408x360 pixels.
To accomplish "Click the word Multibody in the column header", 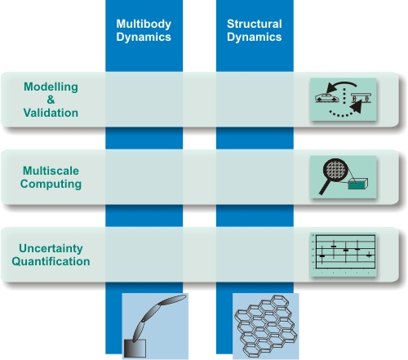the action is click(x=144, y=24).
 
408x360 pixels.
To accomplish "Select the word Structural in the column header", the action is click(x=255, y=24).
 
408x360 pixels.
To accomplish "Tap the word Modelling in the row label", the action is click(x=51, y=87).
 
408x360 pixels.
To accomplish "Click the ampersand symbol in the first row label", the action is click(x=51, y=100).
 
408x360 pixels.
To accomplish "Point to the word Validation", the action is click(x=51, y=113).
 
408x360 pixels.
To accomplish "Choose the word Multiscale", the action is click(x=51, y=171).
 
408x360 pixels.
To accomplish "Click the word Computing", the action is click(x=51, y=184).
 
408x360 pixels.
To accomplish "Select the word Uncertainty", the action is click(x=51, y=249).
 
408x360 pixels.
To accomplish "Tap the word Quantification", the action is click(x=51, y=261).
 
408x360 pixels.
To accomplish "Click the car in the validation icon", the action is click(x=327, y=98).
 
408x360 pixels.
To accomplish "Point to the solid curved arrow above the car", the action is click(x=340, y=85).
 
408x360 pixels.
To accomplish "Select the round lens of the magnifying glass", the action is click(x=335, y=170).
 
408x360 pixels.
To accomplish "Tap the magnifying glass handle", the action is click(x=324, y=187).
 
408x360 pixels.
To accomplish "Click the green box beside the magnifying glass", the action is click(x=358, y=184).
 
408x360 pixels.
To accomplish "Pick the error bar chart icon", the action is click(x=344, y=255).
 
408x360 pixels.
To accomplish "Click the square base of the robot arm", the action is click(x=135, y=348).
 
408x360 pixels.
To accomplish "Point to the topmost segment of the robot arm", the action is click(x=172, y=300).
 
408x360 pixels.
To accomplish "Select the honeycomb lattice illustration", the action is click(x=266, y=326).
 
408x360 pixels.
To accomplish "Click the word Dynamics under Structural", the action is click(x=255, y=38).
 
